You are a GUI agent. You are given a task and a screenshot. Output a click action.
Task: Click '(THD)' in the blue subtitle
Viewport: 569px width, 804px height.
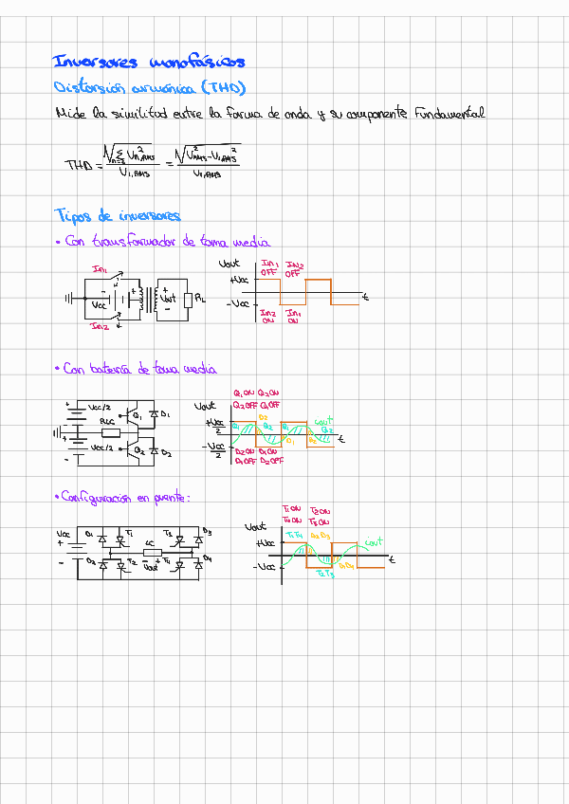tap(222, 88)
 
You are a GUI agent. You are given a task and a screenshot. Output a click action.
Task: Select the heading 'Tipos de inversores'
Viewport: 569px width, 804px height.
tap(119, 215)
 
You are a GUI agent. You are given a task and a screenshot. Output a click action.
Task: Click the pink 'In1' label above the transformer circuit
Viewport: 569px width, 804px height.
tap(100, 269)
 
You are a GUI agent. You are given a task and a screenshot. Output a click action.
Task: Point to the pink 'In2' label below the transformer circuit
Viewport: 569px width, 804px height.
tap(100, 326)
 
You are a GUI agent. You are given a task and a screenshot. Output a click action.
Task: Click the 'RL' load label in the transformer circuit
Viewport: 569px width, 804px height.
tap(199, 300)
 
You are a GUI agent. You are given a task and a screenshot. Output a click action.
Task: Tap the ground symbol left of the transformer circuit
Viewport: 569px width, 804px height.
tap(69, 299)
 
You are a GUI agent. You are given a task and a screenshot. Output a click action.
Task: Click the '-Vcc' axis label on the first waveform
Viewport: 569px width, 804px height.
tap(238, 303)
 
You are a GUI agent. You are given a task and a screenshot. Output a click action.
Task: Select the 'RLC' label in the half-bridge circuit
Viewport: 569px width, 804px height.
tap(107, 419)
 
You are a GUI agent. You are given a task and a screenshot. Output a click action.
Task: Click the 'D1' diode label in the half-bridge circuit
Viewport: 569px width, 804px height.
tap(166, 414)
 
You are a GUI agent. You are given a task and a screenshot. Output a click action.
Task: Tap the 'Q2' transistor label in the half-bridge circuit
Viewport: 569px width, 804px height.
tap(139, 451)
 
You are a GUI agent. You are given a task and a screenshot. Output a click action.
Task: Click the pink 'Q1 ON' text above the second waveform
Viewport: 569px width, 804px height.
tap(244, 393)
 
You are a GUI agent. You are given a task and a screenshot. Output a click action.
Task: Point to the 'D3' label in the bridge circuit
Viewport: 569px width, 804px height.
tap(207, 532)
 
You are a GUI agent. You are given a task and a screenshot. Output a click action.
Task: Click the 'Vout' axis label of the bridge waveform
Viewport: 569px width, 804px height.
tap(255, 526)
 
